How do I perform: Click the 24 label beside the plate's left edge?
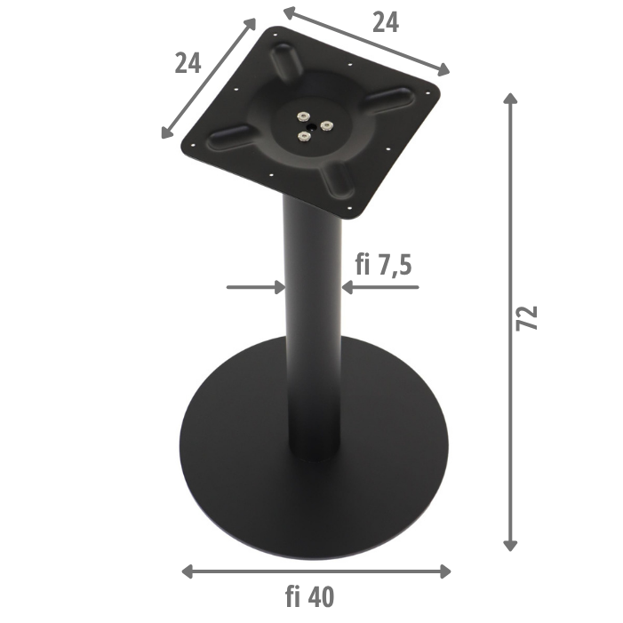click(x=188, y=63)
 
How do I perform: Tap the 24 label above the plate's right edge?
click(x=385, y=22)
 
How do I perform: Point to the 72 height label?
click(x=527, y=318)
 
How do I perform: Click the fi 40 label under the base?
click(x=310, y=598)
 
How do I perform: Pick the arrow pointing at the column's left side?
click(x=256, y=287)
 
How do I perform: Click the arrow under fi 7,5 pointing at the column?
click(x=379, y=287)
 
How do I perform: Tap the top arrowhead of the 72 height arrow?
click(x=510, y=96)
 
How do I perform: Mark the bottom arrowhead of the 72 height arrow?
click(x=510, y=545)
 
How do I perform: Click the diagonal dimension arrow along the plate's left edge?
click(x=209, y=80)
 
